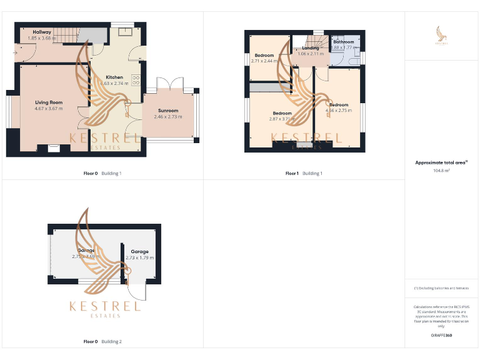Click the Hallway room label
[42, 32]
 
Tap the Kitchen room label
[114, 77]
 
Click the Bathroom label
[343, 42]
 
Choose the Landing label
[310, 48]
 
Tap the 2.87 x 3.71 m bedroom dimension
[282, 119]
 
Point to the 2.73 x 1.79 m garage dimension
[139, 257]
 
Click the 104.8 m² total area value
[441, 170]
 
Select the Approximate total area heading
[441, 162]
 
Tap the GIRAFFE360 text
[441, 336]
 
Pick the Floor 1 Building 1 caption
[304, 173]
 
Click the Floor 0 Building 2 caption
[102, 342]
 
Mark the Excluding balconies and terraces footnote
[441, 288]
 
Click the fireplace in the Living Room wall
[54, 149]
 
